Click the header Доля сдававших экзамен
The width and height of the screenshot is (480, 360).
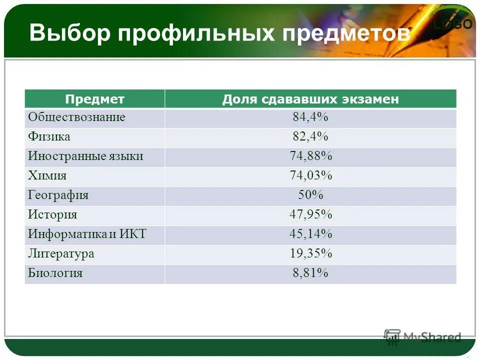point(310,99)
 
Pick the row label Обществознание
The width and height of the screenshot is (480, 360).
point(76,117)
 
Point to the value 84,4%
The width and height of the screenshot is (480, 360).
point(310,117)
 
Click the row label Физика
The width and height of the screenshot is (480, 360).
point(49,137)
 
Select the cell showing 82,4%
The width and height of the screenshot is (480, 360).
point(310,137)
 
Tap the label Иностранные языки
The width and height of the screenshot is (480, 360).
point(85,156)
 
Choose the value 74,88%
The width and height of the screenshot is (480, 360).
point(310,156)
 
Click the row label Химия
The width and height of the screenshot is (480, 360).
point(47,176)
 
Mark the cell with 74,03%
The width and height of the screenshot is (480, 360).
point(310,176)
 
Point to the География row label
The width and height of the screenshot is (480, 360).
point(58,195)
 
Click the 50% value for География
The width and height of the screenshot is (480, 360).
point(310,195)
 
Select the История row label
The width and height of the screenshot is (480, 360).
point(52,215)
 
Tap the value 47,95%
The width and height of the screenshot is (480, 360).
point(310,215)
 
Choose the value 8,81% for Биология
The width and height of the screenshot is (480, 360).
point(310,273)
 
